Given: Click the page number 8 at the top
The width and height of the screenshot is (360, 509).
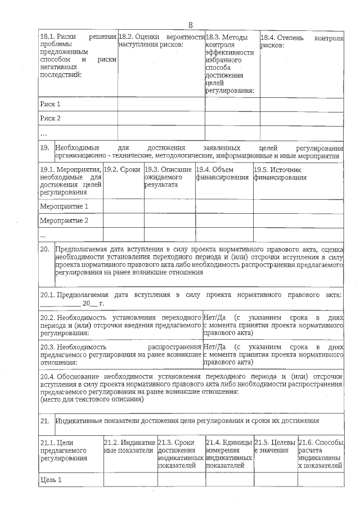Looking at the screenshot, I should click(190, 25).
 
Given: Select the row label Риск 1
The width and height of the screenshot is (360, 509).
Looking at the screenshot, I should click(50, 104).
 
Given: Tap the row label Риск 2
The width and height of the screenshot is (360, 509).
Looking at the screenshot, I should click(50, 118).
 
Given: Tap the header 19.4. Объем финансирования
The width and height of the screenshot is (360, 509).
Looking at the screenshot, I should click(222, 173).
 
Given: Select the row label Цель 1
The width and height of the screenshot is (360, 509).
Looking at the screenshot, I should click(51, 480).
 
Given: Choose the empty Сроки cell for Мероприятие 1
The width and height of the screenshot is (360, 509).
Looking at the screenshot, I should click(123, 206).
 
